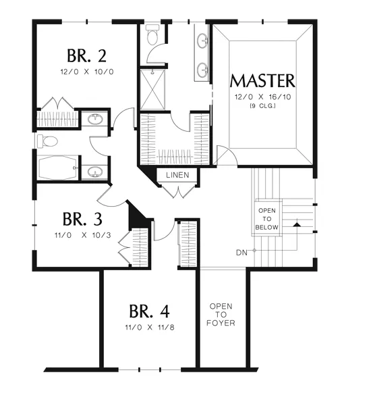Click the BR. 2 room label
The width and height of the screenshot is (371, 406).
tap(86, 55)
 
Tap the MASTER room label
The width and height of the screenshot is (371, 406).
tap(262, 81)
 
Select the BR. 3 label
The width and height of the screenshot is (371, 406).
tap(82, 219)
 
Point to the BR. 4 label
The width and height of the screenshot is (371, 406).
tap(149, 311)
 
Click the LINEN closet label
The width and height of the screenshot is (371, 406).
tap(177, 175)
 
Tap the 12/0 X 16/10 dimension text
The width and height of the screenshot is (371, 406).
tap(262, 97)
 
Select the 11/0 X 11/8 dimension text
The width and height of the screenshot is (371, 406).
tap(150, 327)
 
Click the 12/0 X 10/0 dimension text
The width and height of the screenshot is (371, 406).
tap(87, 72)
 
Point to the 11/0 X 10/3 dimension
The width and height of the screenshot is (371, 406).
tap(83, 235)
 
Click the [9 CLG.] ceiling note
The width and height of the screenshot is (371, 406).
tap(262, 105)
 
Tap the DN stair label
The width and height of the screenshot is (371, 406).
tap(241, 253)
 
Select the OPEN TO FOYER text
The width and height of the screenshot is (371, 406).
tap(221, 315)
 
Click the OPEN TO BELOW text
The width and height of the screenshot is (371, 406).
tap(267, 219)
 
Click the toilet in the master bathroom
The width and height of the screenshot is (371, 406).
tap(152, 34)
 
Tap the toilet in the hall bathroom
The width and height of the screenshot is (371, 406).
tap(47, 141)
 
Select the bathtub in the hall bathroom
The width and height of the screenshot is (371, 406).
tap(57, 168)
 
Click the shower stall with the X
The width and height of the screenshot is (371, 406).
tap(152, 89)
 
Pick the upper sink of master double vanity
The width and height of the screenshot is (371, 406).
tap(203, 41)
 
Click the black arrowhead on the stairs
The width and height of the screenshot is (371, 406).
tap(297, 224)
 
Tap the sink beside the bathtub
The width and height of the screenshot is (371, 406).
tap(94, 172)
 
